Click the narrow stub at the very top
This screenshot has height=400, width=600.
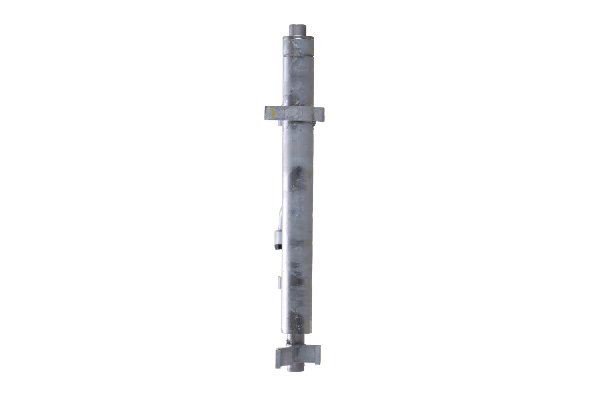[x=298, y=30]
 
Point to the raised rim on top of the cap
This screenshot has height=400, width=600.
[x=298, y=38]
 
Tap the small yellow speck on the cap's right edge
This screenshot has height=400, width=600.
[x=314, y=48]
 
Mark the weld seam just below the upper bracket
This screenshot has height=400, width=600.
[x=298, y=124]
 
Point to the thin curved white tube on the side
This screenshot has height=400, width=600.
[x=280, y=216]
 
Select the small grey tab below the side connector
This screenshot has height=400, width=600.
[x=279, y=282]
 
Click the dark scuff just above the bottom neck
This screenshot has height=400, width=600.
[x=298, y=320]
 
